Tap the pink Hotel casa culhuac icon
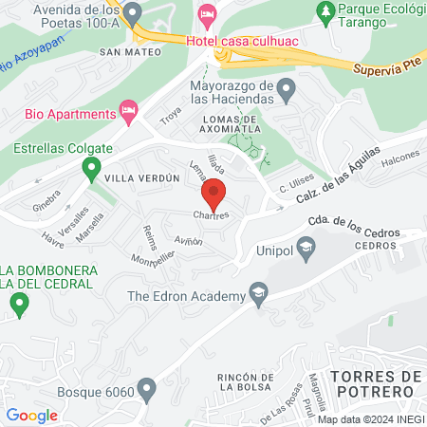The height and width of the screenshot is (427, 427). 208,14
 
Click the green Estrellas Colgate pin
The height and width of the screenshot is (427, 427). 91,170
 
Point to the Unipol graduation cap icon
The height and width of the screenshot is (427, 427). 306,251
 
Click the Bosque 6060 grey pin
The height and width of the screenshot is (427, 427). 146,389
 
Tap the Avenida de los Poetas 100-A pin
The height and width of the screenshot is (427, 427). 134,13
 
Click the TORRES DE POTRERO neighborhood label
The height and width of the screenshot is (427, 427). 376,384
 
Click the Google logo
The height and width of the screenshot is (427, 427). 32,415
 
